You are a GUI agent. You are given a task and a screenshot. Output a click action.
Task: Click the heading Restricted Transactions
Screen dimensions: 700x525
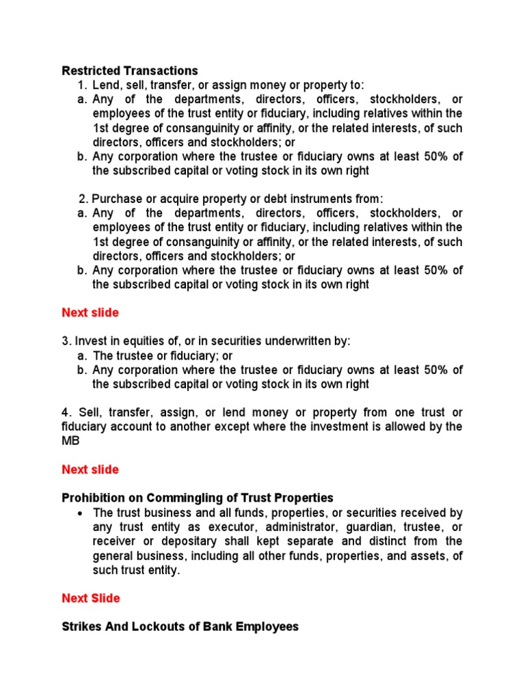tap(130, 70)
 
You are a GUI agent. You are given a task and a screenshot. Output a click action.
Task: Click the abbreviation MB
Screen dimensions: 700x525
tap(70, 441)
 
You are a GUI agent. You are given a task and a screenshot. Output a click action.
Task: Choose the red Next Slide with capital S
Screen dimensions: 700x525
tap(90, 598)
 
